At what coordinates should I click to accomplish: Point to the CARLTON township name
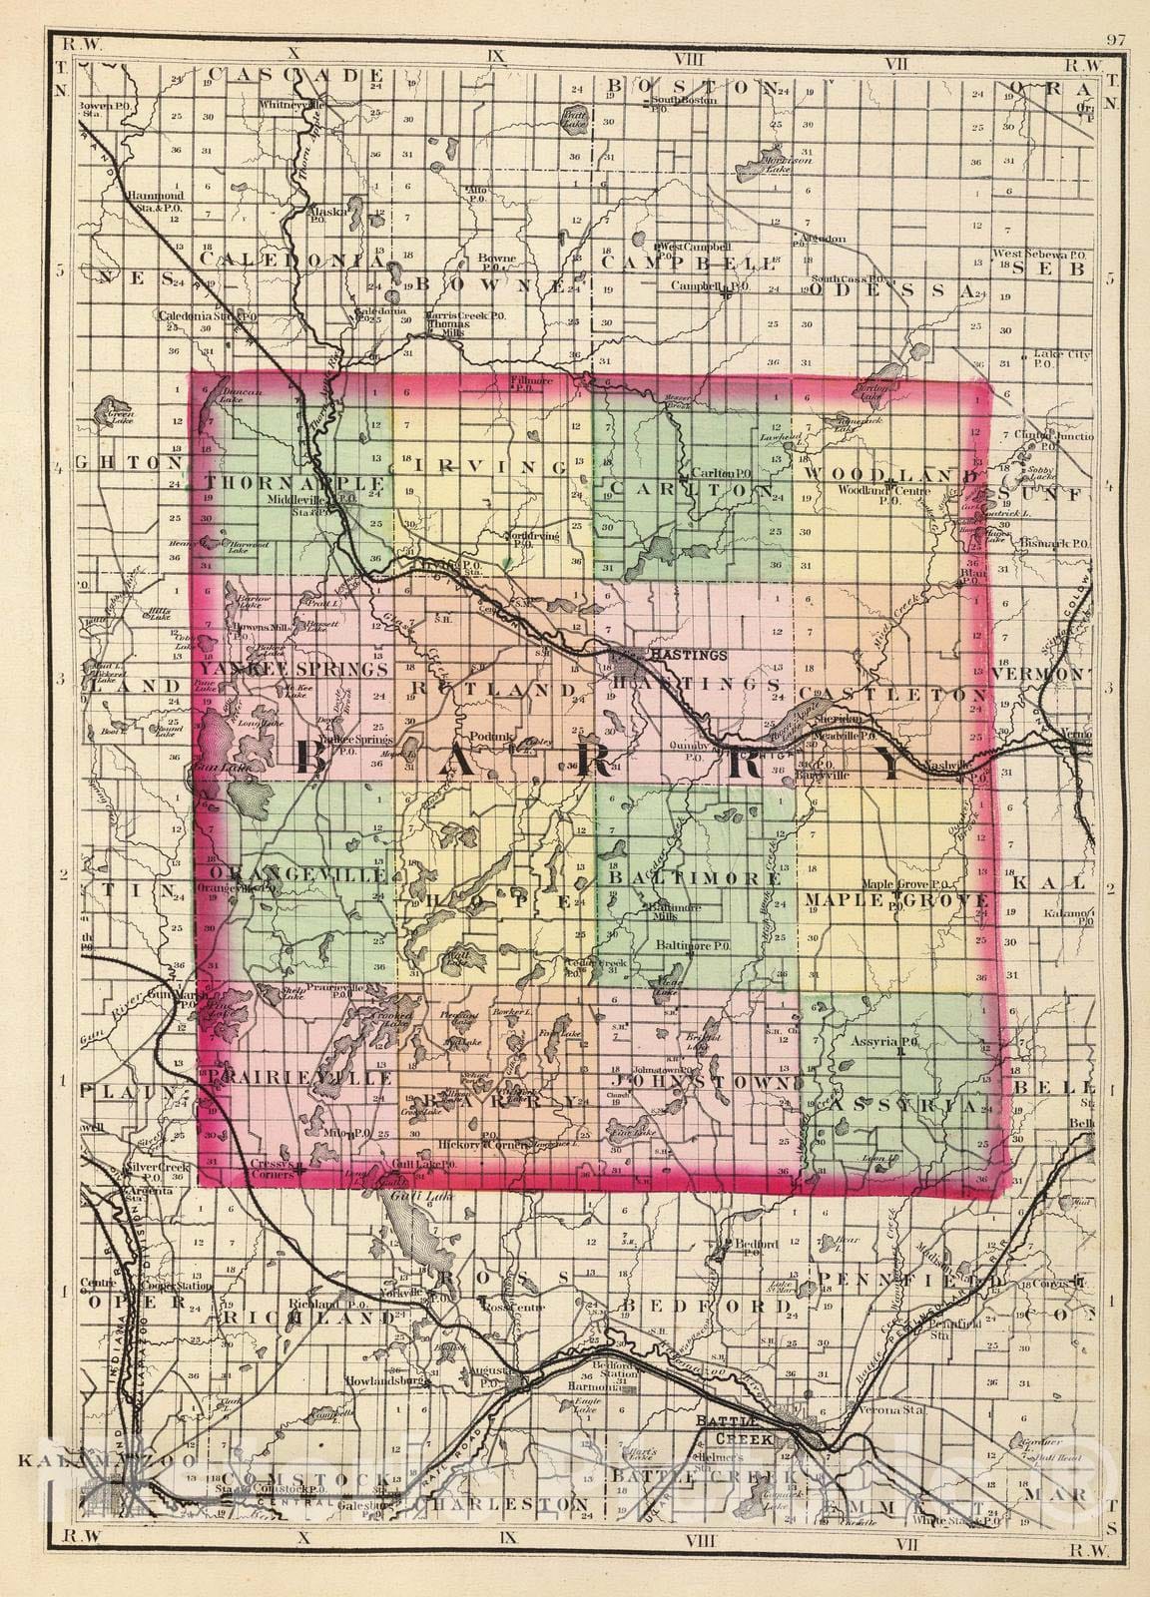click(689, 491)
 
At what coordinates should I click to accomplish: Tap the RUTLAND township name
click(491, 690)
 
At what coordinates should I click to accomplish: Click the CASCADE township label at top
click(283, 74)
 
